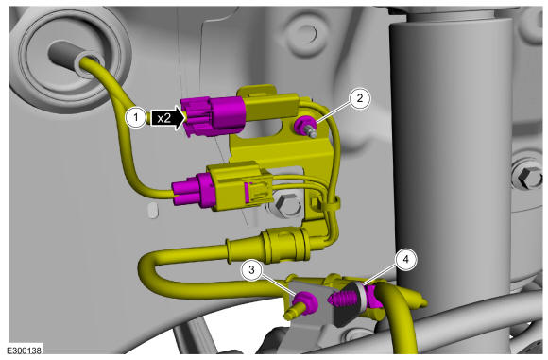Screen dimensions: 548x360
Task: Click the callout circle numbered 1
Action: [136, 118]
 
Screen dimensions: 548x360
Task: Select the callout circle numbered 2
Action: [360, 98]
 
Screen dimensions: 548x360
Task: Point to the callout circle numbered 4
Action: [405, 259]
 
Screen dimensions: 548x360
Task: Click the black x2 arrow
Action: [167, 118]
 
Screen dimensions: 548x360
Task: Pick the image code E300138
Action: [25, 351]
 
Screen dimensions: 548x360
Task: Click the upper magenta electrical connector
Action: [213, 116]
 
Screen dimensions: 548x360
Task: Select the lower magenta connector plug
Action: [194, 191]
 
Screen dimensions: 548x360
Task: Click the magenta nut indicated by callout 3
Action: [305, 302]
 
